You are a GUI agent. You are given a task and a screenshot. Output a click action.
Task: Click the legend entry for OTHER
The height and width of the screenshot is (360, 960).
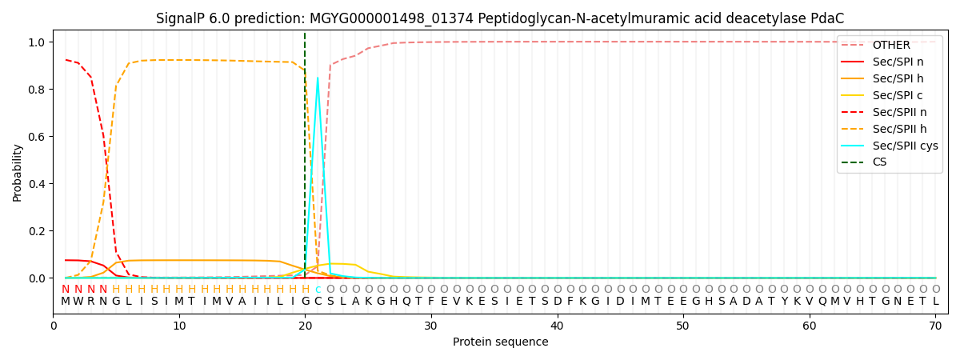pyautogui.click(x=890, y=46)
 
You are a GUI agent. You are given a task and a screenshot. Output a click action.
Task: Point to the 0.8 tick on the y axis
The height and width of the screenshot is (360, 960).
pyautogui.click(x=38, y=90)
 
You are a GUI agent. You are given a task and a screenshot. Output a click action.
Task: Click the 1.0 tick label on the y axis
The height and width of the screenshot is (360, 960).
pyautogui.click(x=38, y=42)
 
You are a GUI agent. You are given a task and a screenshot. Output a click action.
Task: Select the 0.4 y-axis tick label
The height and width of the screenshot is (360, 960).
pyautogui.click(x=38, y=184)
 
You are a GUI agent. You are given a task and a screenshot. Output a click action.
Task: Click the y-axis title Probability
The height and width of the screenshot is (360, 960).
pyautogui.click(x=18, y=172)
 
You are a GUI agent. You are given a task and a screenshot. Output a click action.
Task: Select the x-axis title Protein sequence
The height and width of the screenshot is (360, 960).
pyautogui.click(x=501, y=342)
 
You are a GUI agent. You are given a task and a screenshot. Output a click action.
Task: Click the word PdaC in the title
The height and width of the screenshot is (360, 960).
pyautogui.click(x=828, y=18)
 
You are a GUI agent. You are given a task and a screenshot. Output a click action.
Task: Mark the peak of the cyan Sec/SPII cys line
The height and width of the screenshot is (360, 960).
pyautogui.click(x=318, y=78)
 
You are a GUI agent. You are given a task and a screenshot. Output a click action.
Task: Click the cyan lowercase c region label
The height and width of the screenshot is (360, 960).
pyautogui.click(x=318, y=290)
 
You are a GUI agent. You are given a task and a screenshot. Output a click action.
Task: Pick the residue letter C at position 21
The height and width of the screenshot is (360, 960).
pyautogui.click(x=318, y=302)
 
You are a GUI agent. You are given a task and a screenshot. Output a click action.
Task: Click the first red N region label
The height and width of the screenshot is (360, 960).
pyautogui.click(x=66, y=290)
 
